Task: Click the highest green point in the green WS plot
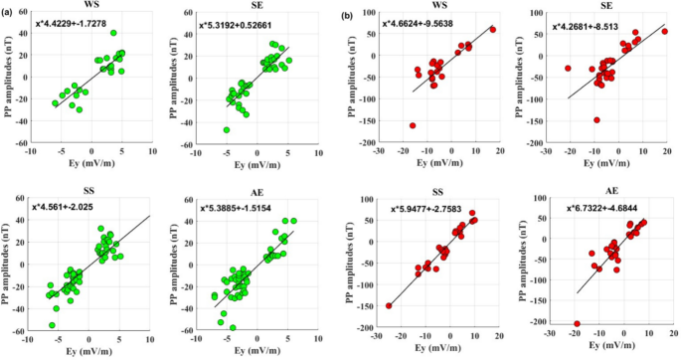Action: [114, 61]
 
